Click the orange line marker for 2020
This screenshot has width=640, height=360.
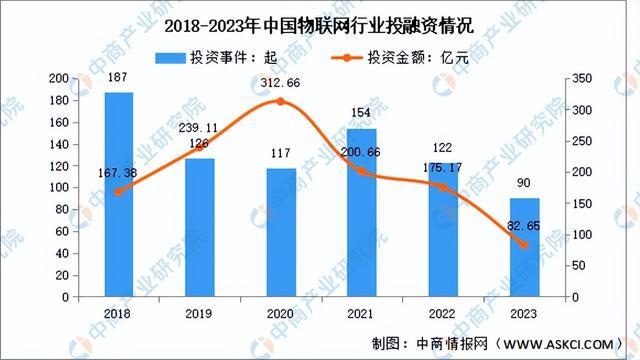point(281,101)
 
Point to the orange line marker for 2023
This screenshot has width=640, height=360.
point(523,245)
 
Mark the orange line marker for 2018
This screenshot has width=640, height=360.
point(119,192)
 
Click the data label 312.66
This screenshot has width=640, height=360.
point(281,83)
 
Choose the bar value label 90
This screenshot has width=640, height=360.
point(524,185)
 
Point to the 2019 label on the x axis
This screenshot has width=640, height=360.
point(200,313)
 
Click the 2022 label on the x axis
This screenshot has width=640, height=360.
point(443,313)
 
